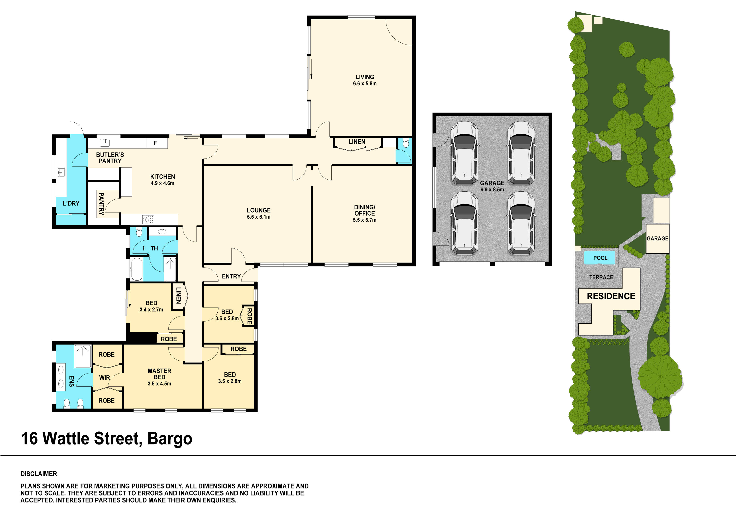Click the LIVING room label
365,77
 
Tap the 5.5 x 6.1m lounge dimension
259,217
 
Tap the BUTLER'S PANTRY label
110,158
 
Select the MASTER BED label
159,374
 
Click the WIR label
104,378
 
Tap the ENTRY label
231,276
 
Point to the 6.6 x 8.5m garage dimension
492,190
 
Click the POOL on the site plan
600,258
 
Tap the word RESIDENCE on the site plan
611,296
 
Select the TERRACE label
601,277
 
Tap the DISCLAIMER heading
39,474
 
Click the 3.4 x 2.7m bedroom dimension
151,310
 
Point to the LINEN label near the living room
357,141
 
